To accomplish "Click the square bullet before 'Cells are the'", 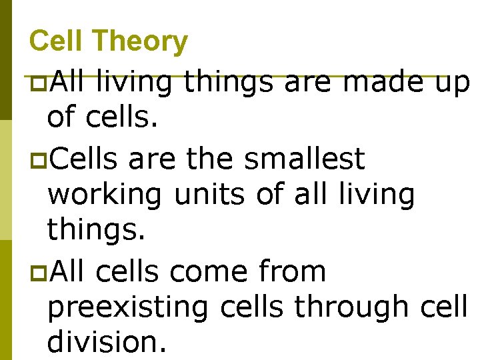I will (39, 160).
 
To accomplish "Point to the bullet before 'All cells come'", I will (39, 273).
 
